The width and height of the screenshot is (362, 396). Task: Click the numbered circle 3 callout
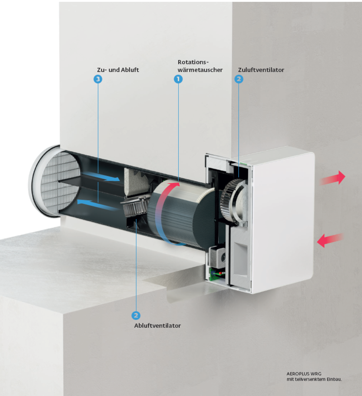pos(98,79)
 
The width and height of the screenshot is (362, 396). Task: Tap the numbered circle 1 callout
pos(178,79)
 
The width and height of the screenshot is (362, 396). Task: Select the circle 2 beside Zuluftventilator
pos(239,79)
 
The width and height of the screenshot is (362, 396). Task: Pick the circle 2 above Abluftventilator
pos(136,316)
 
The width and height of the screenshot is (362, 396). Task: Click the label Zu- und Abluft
pos(118,70)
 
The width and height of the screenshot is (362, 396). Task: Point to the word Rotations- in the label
pos(193,62)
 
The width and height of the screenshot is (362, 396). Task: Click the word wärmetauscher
pos(200,70)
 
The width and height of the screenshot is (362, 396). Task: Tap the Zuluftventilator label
pos(261,70)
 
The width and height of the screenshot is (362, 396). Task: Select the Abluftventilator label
pos(157,326)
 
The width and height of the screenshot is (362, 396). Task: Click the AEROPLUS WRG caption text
pos(304,374)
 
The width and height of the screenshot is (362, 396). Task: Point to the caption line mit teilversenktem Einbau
pos(314,379)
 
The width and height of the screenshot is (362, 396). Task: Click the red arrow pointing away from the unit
pos(333,178)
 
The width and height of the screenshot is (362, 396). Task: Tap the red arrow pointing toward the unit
pos(330,240)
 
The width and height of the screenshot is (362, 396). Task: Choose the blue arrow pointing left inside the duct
pos(97,205)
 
